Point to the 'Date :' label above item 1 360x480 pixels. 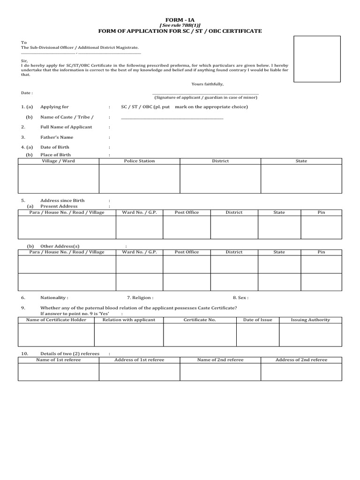point(27,93)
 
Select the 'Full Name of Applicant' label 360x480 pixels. point(66,127)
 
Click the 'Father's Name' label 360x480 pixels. point(57,137)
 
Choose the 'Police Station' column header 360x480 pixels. point(139,161)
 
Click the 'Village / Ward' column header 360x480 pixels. point(58,161)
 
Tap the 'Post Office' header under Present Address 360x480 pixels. point(187,213)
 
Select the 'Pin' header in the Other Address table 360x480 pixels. point(321,252)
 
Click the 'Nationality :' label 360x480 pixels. point(54,298)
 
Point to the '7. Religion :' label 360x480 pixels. point(140,298)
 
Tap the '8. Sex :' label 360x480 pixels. point(240,298)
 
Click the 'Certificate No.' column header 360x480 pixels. point(200,320)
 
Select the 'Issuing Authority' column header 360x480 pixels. point(310,320)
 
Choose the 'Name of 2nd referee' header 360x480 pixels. point(220,360)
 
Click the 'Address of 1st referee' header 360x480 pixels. point(139,360)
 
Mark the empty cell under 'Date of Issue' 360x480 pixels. point(257,335)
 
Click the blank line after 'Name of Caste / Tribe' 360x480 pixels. point(172,118)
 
